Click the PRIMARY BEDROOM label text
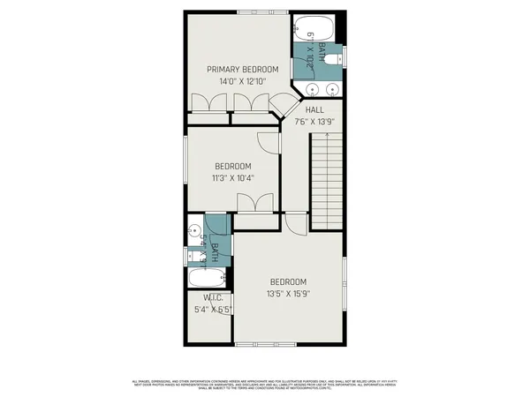point(242,70)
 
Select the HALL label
point(315,110)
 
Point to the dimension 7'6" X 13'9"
point(315,122)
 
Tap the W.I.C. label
point(210,298)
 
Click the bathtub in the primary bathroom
point(310,26)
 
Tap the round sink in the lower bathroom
point(195,232)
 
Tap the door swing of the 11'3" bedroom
point(268,141)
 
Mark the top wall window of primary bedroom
point(256,11)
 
